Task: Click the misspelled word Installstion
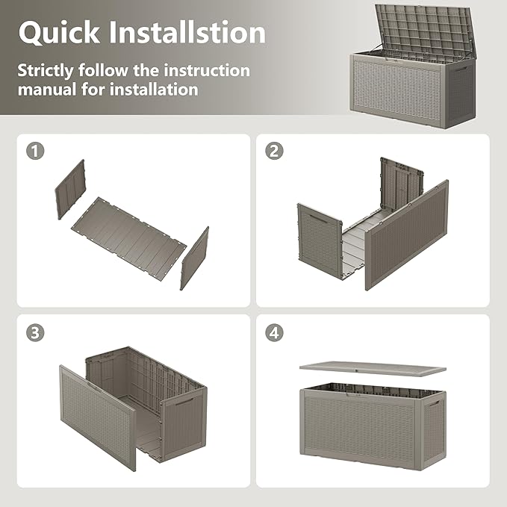(x=190, y=32)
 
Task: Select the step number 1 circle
(x=34, y=150)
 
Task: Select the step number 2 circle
(x=274, y=150)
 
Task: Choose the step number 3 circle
(x=34, y=332)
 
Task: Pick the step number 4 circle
(x=274, y=332)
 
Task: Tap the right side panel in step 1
(x=194, y=258)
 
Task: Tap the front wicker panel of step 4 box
(x=363, y=426)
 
